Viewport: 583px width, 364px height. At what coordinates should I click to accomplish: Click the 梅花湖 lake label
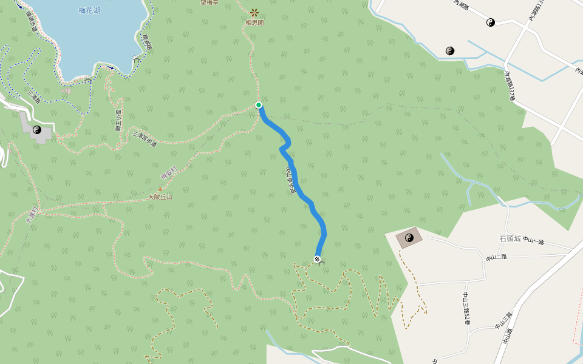(x=89, y=10)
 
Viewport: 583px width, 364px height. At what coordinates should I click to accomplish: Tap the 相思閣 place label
(x=254, y=22)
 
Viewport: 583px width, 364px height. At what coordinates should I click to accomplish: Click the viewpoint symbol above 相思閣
(x=254, y=12)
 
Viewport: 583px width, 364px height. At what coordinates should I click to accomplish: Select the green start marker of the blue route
(x=259, y=105)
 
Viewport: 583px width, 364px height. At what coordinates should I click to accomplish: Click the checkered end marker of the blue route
(x=317, y=259)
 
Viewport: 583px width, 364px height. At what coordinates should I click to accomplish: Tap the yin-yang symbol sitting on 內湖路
(x=491, y=22)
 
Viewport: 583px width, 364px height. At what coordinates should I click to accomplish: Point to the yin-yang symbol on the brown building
(x=409, y=238)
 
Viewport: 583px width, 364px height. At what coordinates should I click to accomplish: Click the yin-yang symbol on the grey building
(x=37, y=129)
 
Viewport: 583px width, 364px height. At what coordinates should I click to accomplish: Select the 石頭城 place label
(x=510, y=238)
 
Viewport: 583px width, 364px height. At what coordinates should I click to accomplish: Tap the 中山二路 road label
(x=496, y=257)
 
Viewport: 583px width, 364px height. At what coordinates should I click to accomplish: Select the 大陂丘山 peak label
(x=160, y=197)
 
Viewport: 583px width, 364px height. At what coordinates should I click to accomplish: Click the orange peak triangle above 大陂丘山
(x=160, y=189)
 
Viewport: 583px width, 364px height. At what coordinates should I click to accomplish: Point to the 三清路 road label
(x=34, y=97)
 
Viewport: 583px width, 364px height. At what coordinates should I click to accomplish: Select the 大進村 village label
(x=32, y=215)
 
